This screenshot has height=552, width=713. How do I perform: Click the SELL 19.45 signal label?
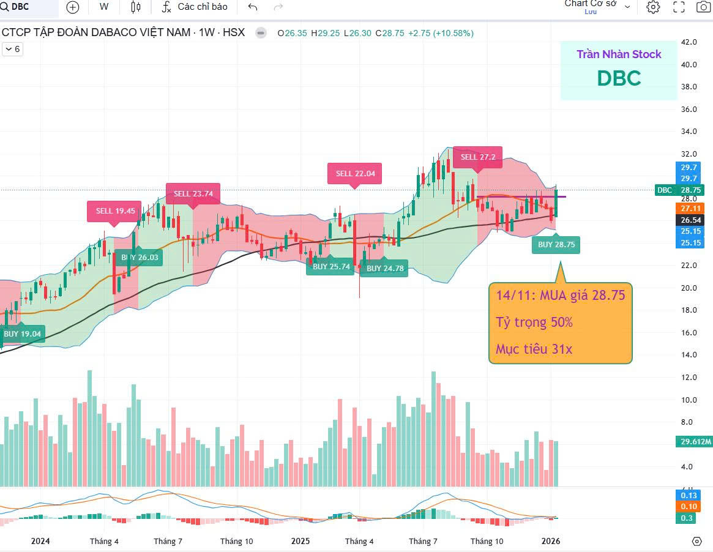(x=114, y=211)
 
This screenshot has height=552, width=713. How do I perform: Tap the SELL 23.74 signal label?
(x=193, y=194)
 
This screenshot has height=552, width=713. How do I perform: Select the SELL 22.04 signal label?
(x=355, y=173)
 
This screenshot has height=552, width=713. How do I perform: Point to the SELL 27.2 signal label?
(x=478, y=157)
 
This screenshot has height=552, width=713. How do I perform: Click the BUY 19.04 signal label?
(x=23, y=334)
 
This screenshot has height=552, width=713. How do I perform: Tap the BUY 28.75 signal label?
(x=556, y=244)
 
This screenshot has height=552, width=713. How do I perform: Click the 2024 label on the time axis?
(x=40, y=542)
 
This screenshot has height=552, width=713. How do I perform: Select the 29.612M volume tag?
(x=695, y=442)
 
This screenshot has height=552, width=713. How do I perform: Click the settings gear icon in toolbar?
(x=653, y=7)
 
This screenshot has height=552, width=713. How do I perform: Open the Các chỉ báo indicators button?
(x=195, y=7)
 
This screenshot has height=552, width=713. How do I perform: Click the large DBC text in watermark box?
(x=619, y=78)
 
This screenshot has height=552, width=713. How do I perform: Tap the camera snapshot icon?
(x=703, y=7)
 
